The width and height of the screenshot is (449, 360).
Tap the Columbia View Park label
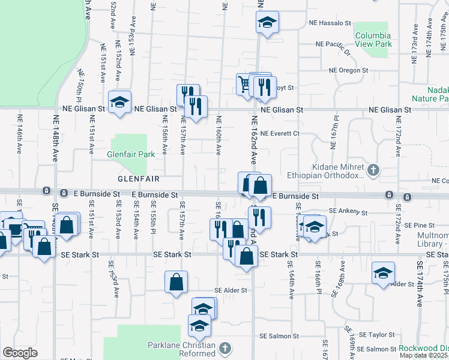373,40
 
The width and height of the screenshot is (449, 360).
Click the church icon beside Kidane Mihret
373,170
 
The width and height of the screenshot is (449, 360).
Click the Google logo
20,353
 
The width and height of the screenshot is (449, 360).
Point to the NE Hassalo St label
330,23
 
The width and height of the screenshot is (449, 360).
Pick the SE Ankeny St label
348,212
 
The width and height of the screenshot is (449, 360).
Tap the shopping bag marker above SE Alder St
176,283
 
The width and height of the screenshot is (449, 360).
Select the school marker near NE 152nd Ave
120,102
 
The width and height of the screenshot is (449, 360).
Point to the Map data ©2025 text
424,355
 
